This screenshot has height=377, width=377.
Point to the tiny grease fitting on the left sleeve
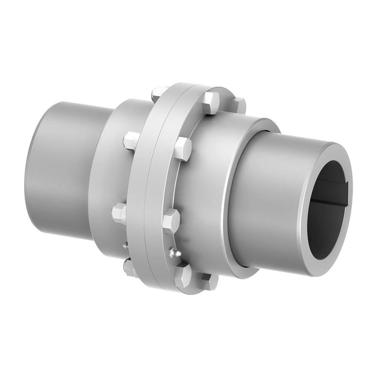pos(125,245)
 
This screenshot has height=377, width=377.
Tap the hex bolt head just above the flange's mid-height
pos(182,149)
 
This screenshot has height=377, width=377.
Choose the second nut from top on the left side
pos(131,141)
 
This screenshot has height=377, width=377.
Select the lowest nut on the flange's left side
pos(129,268)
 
